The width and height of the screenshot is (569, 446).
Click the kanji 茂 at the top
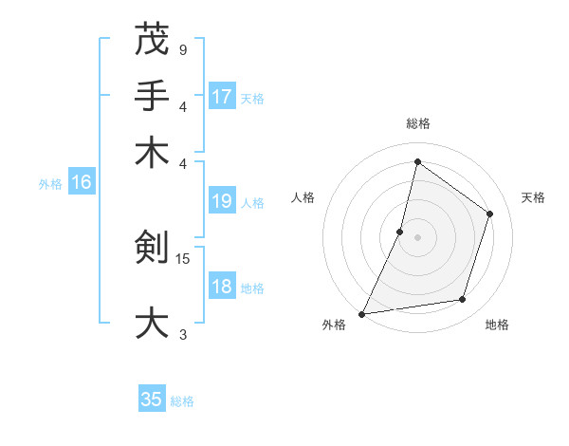pos(152,41)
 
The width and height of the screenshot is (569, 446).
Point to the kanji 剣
pos(152,247)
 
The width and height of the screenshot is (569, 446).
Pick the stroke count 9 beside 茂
pos(182,49)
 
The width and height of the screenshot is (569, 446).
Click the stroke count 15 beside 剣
pos(184,257)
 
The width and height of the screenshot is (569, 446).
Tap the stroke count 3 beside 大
pos(182,333)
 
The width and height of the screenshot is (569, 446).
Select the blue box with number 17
pos(222,96)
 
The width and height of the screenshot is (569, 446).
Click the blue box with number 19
pos(222,201)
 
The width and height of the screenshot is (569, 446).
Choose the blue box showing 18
pos(222,287)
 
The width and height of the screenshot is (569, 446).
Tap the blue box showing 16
pos(82,182)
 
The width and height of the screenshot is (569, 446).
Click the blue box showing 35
pos(152,400)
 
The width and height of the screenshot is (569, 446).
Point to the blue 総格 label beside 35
pos(182,401)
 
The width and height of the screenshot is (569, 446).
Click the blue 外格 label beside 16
pos(50,184)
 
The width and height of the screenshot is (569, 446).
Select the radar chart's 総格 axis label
pos(417,123)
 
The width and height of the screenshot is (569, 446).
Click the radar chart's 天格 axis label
pos(534,197)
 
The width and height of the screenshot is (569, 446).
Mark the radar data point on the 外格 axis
pos(361,314)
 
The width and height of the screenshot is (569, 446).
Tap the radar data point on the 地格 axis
pos(463,300)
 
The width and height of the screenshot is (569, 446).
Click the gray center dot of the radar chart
pos(417,237)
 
